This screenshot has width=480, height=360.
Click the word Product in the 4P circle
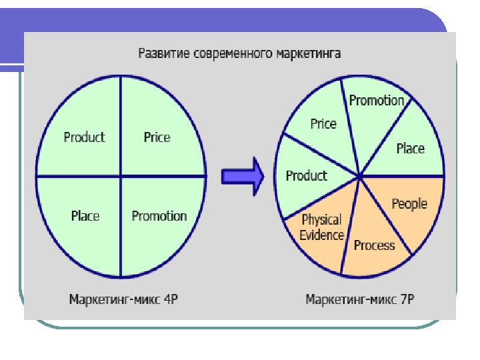[84, 137]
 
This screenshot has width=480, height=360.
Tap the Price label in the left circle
[157, 137]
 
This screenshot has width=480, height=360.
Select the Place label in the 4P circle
[85, 216]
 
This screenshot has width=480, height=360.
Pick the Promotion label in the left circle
[159, 216]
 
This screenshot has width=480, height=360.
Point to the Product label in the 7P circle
[306, 176]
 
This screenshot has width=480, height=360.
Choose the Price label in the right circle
[323, 124]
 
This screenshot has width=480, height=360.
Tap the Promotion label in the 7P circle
[377, 101]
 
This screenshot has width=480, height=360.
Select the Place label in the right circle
[410, 148]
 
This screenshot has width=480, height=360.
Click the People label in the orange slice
[409, 203]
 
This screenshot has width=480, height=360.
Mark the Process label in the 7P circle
[374, 245]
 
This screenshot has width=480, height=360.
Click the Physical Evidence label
[321, 227]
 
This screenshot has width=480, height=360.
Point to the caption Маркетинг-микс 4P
[124, 299]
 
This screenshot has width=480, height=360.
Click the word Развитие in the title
[163, 53]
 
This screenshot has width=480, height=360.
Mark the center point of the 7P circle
[360, 177]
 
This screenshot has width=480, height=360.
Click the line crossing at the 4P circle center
[121, 177]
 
